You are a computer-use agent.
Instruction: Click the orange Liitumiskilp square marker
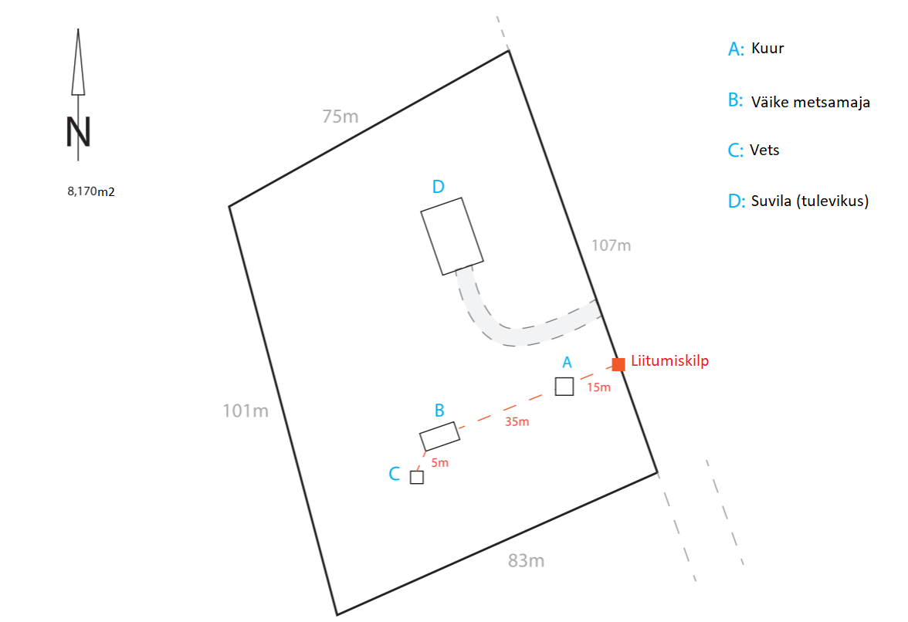[x=618, y=364]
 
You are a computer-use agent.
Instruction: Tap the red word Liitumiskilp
[x=669, y=360]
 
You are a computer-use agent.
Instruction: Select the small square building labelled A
[x=564, y=387]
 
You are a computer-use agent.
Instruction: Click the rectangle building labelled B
[x=439, y=436]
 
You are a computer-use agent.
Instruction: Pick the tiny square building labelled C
[x=417, y=477]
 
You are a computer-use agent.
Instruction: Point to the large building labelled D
[x=453, y=236]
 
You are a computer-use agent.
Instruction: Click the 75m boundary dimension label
[x=340, y=117]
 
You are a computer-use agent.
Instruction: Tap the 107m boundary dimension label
[x=611, y=245]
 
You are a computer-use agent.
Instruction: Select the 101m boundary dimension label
[x=246, y=411]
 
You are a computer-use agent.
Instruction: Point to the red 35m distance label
[x=517, y=421]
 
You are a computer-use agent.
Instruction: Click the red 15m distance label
[x=598, y=387]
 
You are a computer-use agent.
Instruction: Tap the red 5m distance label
[x=439, y=463]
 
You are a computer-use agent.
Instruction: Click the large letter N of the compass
[x=78, y=133]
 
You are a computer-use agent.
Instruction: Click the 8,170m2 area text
[x=91, y=191]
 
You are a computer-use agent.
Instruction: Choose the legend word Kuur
[x=767, y=48]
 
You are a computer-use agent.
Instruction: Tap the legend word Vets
[x=764, y=150]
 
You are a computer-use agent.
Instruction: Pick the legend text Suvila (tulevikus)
[x=810, y=201]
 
